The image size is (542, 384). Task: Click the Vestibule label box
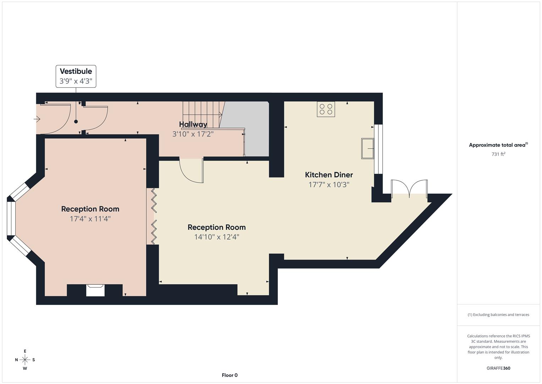[76, 76]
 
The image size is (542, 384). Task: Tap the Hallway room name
[193, 124]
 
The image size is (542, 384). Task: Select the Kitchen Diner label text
[329, 175]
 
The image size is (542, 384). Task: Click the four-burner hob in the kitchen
[326, 109]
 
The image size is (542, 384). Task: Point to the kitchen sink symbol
[367, 148]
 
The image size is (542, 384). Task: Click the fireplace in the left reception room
[95, 290]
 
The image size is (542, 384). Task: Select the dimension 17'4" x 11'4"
[90, 219]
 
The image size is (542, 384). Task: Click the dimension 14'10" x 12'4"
[217, 237]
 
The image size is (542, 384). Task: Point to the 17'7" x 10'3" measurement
[329, 185]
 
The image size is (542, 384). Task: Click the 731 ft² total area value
[498, 154]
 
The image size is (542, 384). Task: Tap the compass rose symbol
[25, 360]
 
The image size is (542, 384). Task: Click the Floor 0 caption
[230, 375]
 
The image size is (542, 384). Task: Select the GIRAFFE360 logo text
[498, 368]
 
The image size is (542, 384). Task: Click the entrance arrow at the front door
[37, 119]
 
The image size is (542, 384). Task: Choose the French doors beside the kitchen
[409, 188]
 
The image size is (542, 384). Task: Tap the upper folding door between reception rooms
[154, 199]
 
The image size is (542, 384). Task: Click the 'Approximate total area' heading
[498, 145]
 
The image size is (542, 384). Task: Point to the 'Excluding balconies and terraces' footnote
[498, 315]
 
